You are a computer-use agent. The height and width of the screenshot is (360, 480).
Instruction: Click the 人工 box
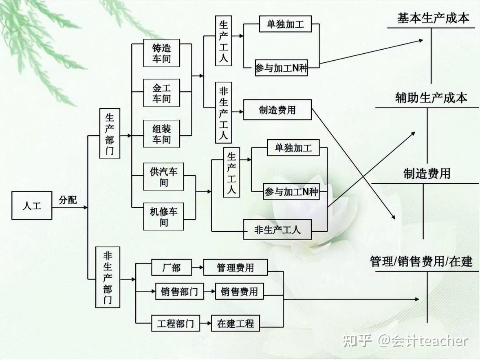point(32,205)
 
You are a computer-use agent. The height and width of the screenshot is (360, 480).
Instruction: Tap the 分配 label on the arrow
point(68,200)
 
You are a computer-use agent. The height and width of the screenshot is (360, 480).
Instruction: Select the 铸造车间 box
point(162,53)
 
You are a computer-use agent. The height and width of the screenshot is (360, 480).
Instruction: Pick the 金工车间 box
point(162,93)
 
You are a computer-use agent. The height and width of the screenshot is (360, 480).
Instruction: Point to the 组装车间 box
point(162,134)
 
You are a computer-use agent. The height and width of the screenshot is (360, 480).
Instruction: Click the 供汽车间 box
point(163,176)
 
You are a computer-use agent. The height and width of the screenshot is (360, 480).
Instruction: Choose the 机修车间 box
point(163,216)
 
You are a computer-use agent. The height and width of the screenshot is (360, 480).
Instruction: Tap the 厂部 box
point(171,268)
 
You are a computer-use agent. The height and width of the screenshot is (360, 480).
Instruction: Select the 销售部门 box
point(179,292)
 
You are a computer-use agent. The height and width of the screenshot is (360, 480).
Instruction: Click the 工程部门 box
point(176,323)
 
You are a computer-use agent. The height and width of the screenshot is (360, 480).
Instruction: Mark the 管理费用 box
point(236,268)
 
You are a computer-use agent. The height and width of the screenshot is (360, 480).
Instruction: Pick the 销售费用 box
point(239,292)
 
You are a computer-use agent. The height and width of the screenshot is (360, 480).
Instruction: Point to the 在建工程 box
point(236,323)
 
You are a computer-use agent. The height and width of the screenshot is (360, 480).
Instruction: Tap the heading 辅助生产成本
point(431,98)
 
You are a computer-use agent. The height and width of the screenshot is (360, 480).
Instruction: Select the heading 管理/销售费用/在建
point(421,261)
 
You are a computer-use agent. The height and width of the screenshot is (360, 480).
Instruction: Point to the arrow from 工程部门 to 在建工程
point(205,323)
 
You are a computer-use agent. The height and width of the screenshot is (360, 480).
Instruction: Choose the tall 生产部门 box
point(110,134)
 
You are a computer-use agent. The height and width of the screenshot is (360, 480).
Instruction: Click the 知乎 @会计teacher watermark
point(405,340)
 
